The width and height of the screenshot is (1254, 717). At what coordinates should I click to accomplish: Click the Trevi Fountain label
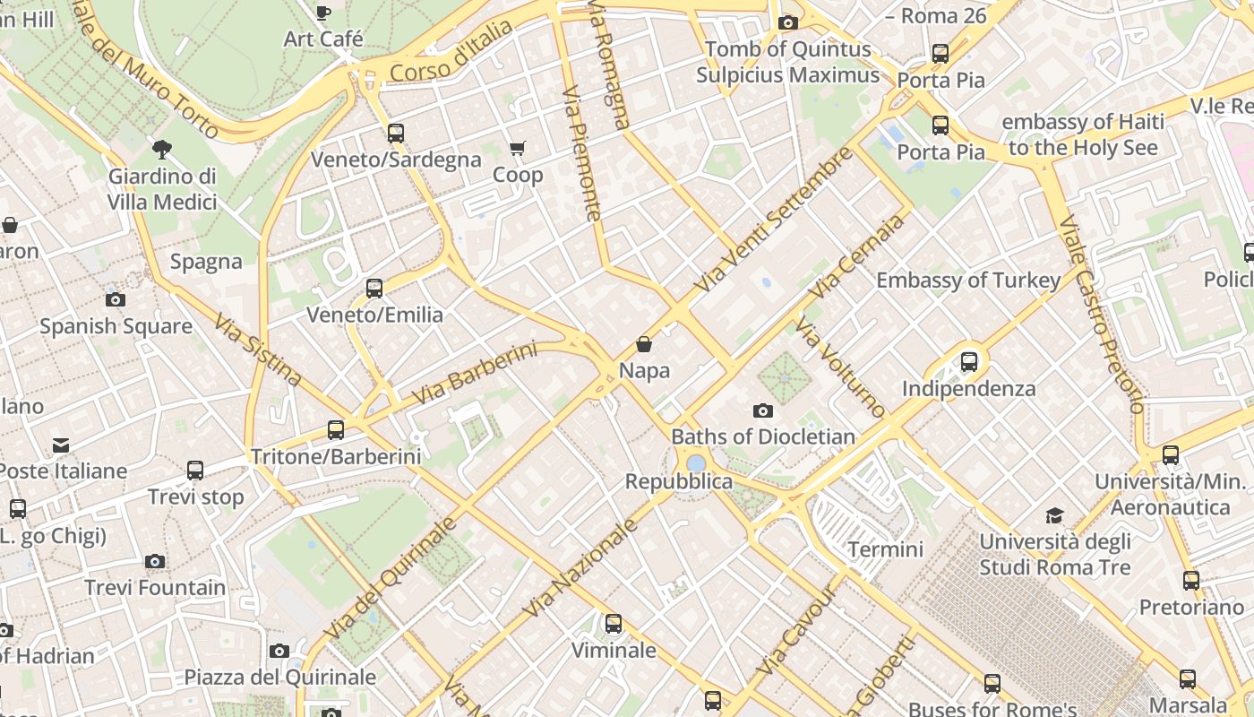(x=155, y=588)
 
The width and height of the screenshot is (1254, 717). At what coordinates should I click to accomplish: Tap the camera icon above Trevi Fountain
(x=155, y=562)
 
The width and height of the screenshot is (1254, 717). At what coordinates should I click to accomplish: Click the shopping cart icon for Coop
(x=517, y=148)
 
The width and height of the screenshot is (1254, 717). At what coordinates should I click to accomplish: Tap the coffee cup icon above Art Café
(x=322, y=13)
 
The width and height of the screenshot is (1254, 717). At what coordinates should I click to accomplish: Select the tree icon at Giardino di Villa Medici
(x=162, y=149)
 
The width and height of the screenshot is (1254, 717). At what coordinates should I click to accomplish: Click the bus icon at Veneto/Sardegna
(x=395, y=134)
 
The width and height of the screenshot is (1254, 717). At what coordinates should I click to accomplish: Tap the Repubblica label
(x=678, y=481)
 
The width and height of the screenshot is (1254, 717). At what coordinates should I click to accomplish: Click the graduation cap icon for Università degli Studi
(x=1054, y=515)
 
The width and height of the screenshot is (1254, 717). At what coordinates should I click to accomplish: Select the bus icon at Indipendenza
(x=968, y=362)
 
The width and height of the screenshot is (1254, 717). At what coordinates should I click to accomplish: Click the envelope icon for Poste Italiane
(x=61, y=445)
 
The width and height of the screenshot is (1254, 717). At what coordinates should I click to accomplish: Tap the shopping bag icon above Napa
(x=643, y=344)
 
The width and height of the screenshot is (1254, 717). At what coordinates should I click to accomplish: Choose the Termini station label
(x=885, y=549)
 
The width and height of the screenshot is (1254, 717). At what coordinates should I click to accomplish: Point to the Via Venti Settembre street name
(x=774, y=220)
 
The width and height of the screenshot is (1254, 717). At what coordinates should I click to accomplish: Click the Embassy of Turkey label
(x=967, y=281)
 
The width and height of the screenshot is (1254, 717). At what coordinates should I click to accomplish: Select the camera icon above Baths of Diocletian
(x=762, y=410)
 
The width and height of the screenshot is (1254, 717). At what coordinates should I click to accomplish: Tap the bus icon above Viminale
(x=614, y=624)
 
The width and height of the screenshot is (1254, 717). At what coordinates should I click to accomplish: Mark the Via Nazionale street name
(x=580, y=568)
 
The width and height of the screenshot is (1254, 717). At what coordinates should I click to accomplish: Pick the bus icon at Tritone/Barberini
(x=336, y=430)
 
